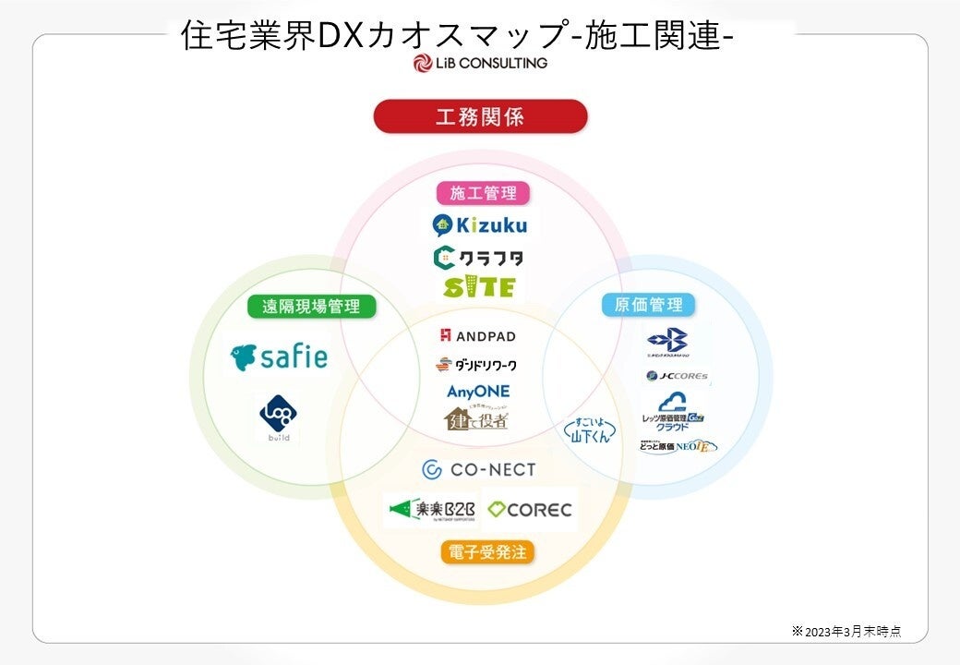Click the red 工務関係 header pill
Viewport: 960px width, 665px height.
(480, 117)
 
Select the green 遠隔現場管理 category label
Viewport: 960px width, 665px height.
(311, 307)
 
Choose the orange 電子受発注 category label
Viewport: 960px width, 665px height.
(486, 552)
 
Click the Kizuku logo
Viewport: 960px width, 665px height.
(479, 224)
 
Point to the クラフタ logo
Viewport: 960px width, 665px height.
(478, 257)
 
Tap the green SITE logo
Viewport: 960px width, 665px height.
(478, 287)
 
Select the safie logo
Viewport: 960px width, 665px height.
(279, 357)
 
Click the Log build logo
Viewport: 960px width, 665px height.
(277, 417)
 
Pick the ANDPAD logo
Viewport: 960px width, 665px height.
(478, 335)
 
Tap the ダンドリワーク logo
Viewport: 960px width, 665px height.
(478, 364)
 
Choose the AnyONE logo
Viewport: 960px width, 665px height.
(478, 392)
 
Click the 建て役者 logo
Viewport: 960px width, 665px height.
(476, 418)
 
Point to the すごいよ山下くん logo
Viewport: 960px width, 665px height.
(590, 430)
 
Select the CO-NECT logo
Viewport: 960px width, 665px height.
(478, 470)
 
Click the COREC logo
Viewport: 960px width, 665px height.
(530, 509)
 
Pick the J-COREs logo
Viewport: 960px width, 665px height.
(678, 376)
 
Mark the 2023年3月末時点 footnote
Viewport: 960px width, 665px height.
(846, 632)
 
